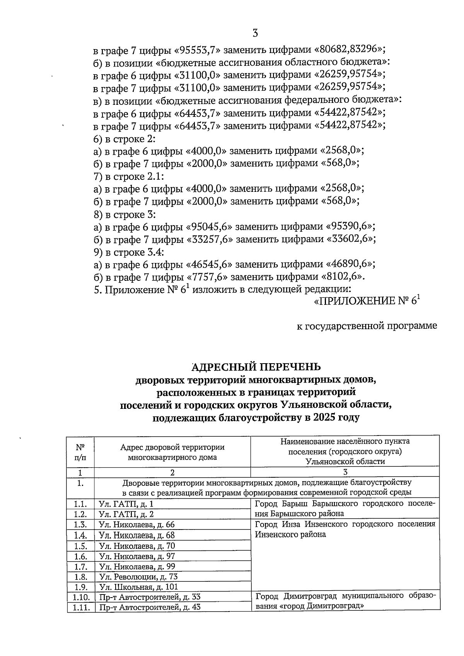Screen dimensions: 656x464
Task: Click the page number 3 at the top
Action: (x=255, y=33)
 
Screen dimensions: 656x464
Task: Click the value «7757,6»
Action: (x=209, y=277)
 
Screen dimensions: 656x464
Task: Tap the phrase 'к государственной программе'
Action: (x=367, y=326)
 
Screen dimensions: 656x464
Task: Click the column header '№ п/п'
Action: (x=80, y=452)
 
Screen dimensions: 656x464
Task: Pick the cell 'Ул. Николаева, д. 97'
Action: (x=137, y=556)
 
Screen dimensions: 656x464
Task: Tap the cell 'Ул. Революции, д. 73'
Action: (x=138, y=577)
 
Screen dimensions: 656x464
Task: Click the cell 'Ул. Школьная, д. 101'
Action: (x=138, y=587)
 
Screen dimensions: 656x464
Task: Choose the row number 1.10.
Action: (x=80, y=597)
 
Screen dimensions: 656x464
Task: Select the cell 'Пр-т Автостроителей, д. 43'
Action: (x=150, y=607)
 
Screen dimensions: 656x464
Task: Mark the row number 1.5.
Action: (x=80, y=546)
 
